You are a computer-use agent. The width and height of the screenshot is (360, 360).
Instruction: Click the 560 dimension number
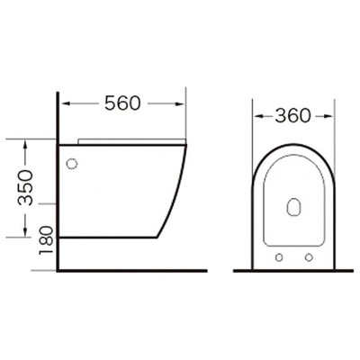coord(121,103)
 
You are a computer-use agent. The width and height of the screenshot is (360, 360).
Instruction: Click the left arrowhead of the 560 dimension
coord(64,103)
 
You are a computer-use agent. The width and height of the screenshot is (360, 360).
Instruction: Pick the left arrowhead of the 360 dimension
coord(255,116)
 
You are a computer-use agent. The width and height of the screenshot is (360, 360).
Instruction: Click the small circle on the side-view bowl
coord(72,165)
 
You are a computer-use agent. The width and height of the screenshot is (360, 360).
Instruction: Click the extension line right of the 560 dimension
coord(185,112)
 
